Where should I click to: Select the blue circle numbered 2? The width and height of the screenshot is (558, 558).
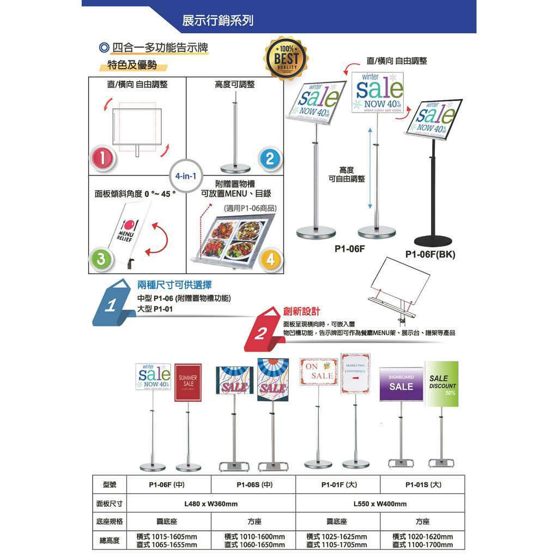click(270, 159)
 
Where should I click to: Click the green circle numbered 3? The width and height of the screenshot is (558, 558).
click(100, 260)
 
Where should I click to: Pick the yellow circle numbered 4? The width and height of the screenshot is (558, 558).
click(270, 260)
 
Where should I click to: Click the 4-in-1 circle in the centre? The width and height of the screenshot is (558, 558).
click(186, 176)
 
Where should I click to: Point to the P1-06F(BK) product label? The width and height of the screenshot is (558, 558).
click(430, 254)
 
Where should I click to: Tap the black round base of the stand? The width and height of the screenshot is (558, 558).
click(433, 239)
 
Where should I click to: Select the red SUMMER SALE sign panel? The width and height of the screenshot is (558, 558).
click(188, 382)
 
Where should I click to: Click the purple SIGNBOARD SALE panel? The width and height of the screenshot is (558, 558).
click(401, 384)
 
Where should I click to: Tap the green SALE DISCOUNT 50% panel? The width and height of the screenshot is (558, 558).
click(442, 384)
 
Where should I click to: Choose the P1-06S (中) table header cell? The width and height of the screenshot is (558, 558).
click(253, 484)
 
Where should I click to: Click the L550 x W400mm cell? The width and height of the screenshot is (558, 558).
click(380, 504)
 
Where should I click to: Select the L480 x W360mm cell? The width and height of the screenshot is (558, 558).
click(211, 504)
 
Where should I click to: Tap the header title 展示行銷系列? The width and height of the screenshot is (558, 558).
click(217, 21)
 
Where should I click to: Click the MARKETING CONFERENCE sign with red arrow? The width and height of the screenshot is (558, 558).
click(355, 373)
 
